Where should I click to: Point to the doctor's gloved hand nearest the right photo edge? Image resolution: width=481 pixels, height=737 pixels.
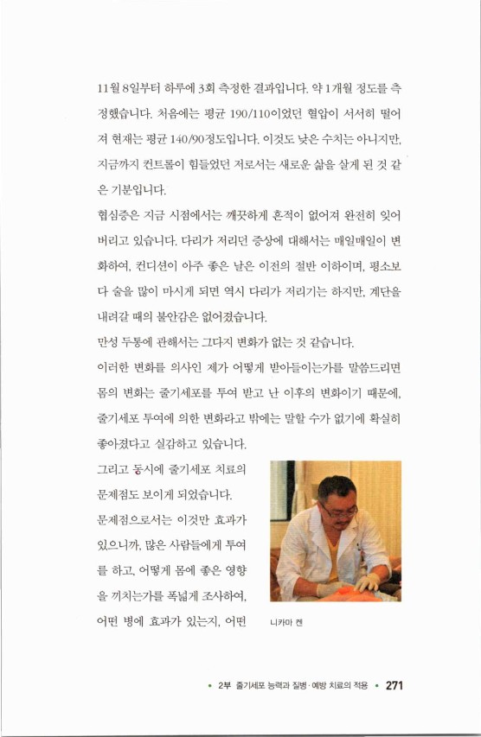[x=368, y=583]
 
